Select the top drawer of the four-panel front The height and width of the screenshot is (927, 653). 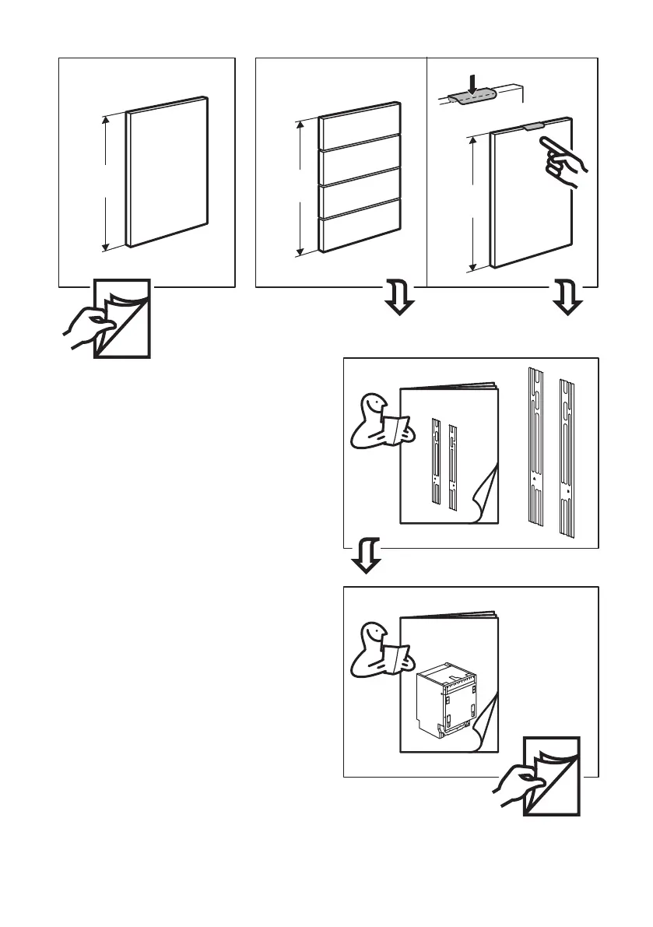coord(360,125)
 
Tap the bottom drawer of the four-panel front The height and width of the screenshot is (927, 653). coord(360,231)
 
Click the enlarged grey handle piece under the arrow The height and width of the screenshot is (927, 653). coord(472,97)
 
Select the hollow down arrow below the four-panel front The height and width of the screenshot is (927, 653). coord(399,300)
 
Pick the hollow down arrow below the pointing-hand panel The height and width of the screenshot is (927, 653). coord(568,300)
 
